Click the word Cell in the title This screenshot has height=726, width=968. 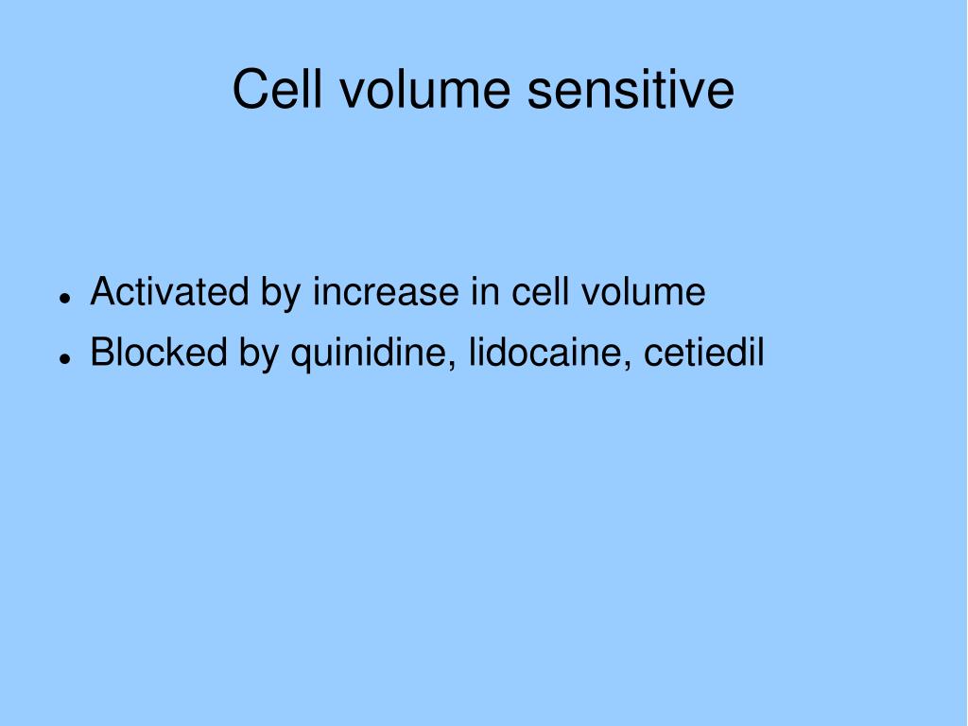pos(277,89)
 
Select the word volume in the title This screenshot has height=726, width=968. pos(424,89)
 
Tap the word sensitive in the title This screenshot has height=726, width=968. pos(631,89)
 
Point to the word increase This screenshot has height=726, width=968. pos(386,291)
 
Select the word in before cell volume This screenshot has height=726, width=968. pos(485,291)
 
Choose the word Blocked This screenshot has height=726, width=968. pos(159,352)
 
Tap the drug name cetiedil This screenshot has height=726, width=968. pos(704,352)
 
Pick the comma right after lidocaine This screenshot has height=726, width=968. pos(628,367)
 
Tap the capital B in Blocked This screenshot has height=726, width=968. pos(101,352)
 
